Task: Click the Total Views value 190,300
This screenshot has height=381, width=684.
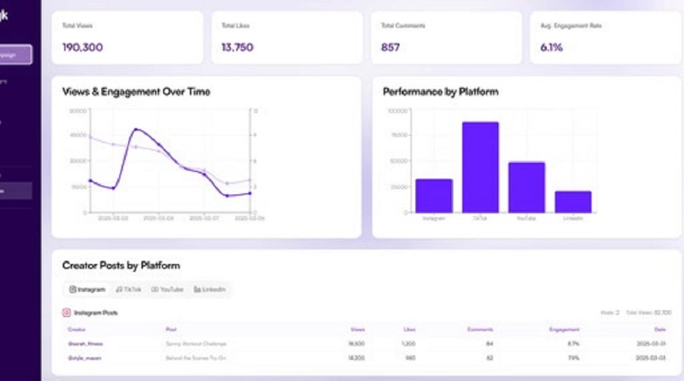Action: point(82,47)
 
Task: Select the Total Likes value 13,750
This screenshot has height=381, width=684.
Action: point(237,47)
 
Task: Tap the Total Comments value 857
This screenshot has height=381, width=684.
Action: point(391,47)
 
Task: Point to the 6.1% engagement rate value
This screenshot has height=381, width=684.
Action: point(552,47)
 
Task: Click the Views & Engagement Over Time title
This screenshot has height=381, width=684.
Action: point(136,92)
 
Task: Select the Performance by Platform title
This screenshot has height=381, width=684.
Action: point(441,92)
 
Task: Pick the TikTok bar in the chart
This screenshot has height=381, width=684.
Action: point(480,168)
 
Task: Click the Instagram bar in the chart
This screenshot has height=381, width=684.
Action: point(434,196)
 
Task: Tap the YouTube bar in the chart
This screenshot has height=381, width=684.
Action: point(527,188)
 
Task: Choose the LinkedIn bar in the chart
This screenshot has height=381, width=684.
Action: point(573,202)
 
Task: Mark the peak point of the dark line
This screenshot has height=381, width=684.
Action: point(136,129)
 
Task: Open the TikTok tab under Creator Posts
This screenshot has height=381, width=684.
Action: point(129,289)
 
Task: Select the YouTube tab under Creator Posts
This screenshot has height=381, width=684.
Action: point(168,289)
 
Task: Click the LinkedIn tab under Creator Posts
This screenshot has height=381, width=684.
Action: point(210,289)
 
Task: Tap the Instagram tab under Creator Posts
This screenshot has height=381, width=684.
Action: point(88,289)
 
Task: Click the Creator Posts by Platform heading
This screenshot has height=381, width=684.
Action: point(121,265)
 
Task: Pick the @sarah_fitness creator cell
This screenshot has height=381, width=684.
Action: point(85,344)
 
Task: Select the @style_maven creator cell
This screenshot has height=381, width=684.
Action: point(84,358)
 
